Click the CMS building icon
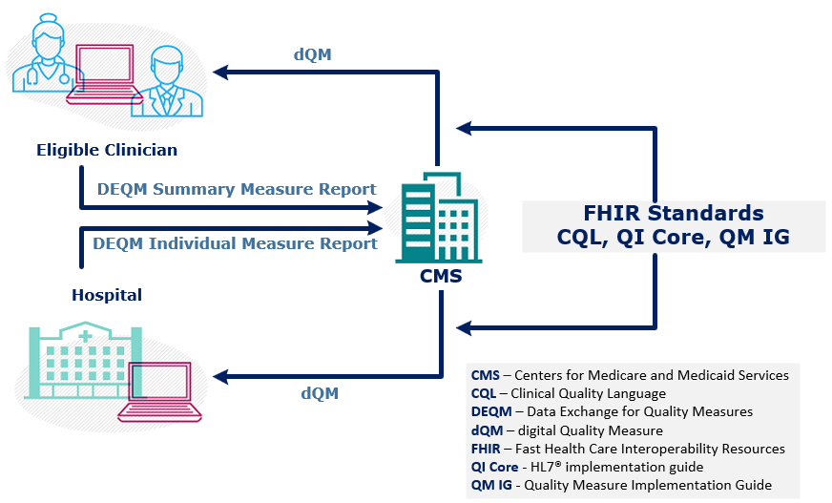pos(437,217)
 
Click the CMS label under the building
pos(441,277)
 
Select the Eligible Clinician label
pos(107,150)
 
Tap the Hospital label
pos(107,295)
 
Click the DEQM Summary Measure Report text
pos(237,189)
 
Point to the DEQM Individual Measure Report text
pos(235,243)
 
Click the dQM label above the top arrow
pos(313,54)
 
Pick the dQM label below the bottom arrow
pos(320,392)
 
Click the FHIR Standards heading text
pos(673,213)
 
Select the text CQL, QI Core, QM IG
pos(673,238)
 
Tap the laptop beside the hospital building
pos(162,391)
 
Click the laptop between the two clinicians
pos(104,72)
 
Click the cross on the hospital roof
pos(85,336)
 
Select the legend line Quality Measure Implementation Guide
pos(620,485)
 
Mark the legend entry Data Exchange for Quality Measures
pos(612,411)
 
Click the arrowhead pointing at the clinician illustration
pos(222,72)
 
